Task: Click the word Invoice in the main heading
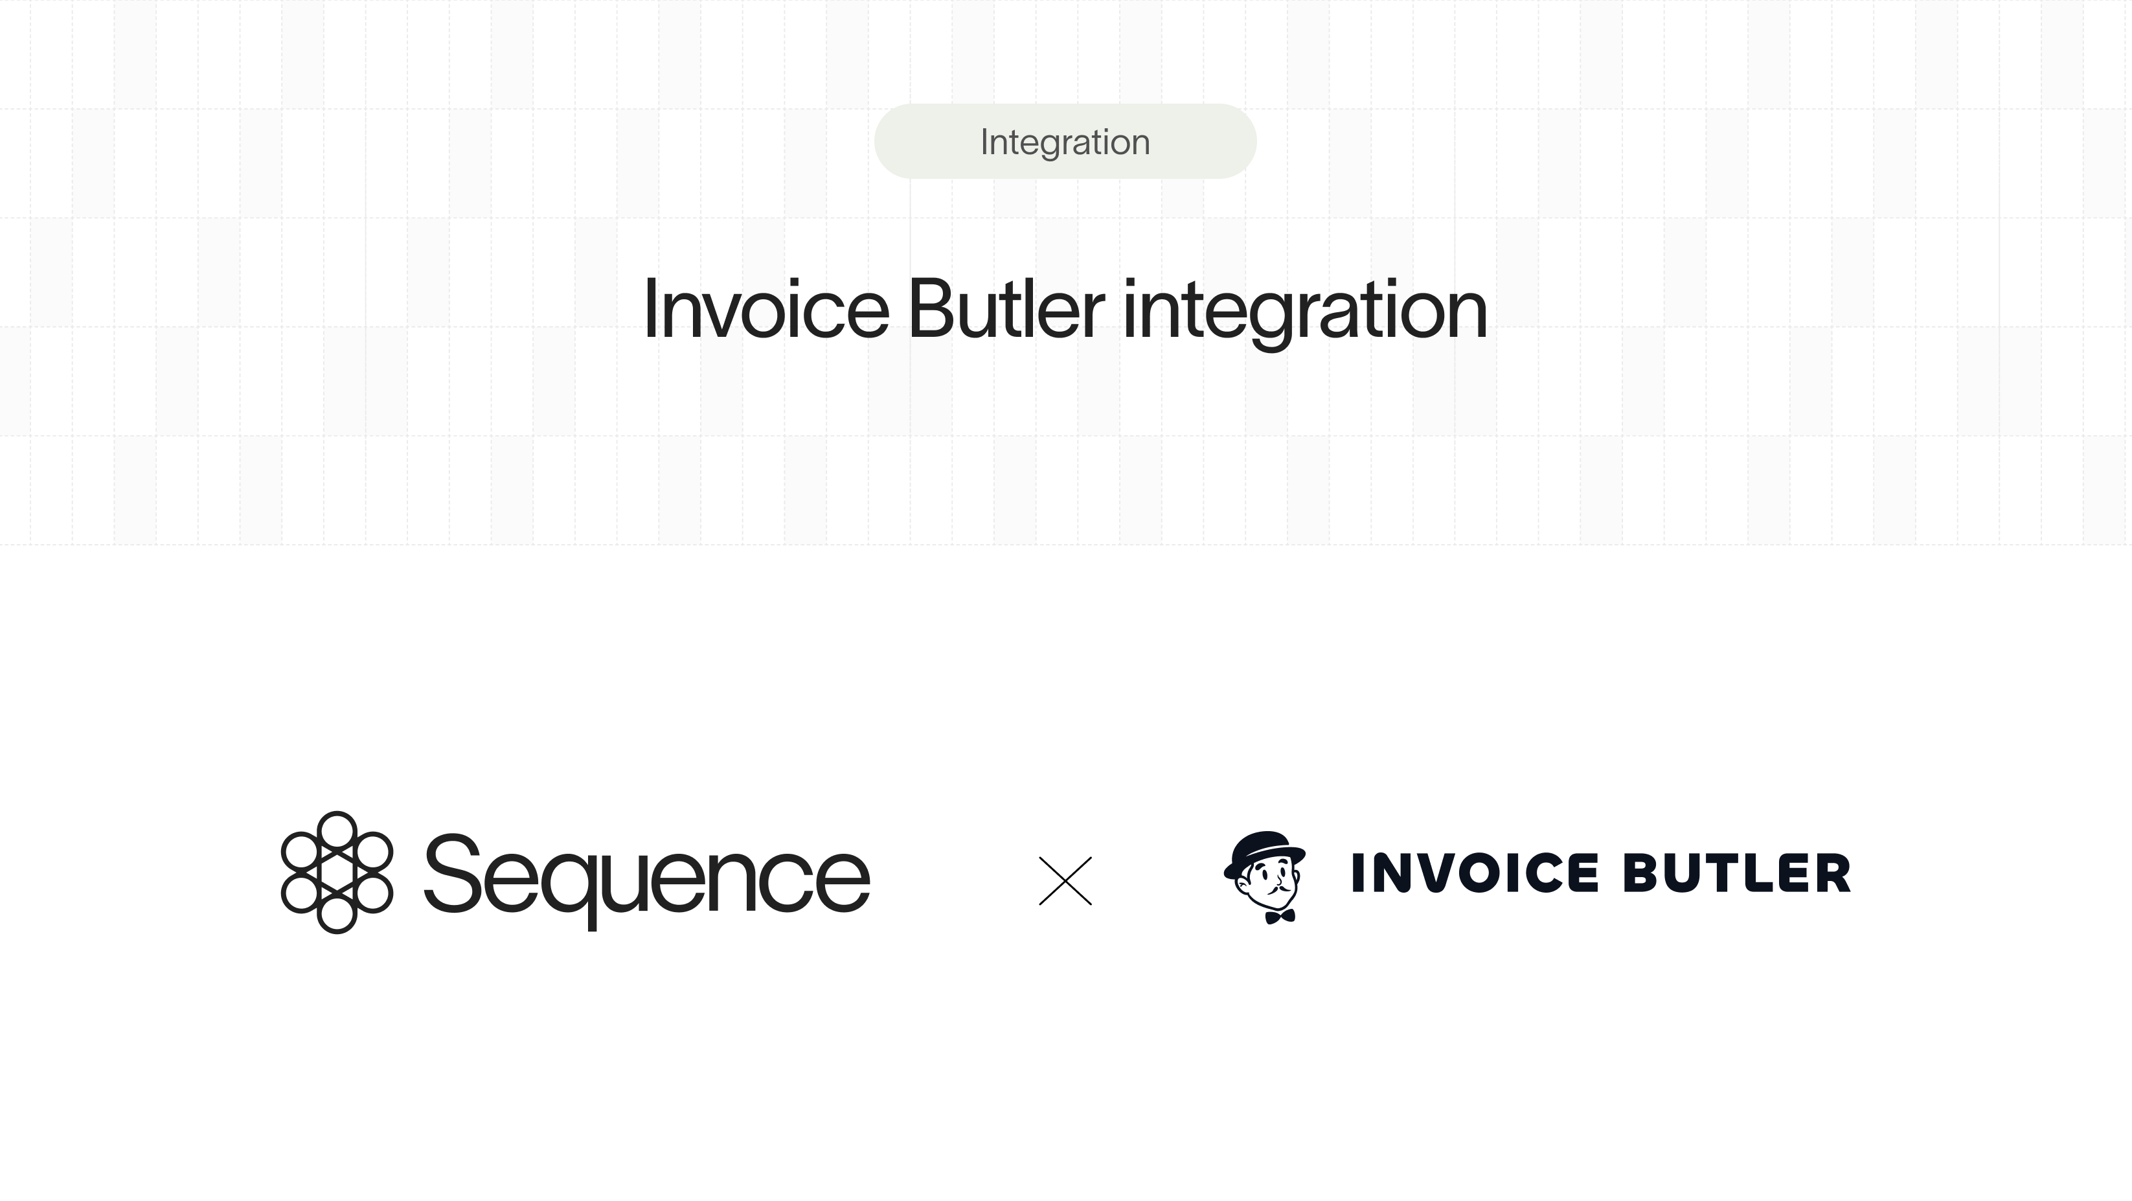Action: pyautogui.click(x=765, y=310)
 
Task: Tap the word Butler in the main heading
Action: pyautogui.click(x=1006, y=310)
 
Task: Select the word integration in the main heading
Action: pyautogui.click(x=1304, y=311)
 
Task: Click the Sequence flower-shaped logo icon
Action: pyautogui.click(x=336, y=873)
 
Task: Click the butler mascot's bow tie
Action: pyautogui.click(x=1280, y=916)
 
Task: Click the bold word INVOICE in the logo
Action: pyautogui.click(x=1474, y=873)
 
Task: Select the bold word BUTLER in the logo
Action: pyautogui.click(x=1736, y=873)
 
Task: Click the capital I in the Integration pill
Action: pyautogui.click(x=984, y=141)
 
